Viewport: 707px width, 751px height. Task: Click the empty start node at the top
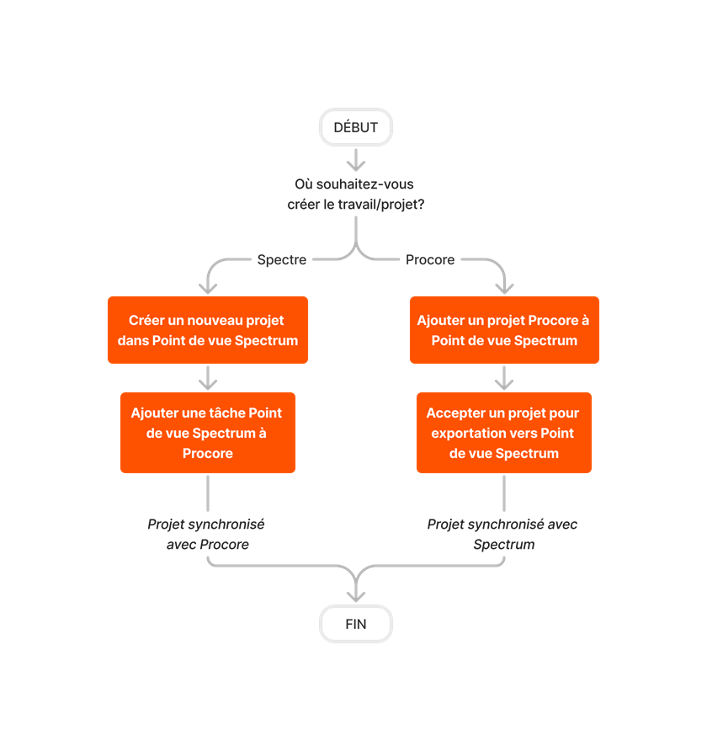click(355, 127)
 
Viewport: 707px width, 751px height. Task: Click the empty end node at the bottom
click(355, 624)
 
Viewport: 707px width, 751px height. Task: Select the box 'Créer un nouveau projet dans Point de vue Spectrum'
click(207, 330)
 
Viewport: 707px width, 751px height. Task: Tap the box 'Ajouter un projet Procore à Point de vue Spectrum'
click(504, 330)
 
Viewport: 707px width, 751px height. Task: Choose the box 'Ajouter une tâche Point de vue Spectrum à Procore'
click(207, 433)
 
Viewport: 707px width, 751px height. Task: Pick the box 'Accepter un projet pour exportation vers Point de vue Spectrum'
click(503, 433)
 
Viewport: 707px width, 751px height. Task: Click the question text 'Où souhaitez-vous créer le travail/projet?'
click(355, 194)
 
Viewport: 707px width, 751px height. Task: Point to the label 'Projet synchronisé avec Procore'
click(206, 534)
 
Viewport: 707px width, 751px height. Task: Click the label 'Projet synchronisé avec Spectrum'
click(503, 534)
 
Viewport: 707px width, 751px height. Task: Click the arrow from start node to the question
click(356, 159)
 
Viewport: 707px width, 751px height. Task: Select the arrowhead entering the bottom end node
click(356, 594)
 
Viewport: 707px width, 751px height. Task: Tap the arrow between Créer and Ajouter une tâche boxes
click(207, 378)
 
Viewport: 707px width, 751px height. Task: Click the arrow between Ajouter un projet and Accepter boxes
click(503, 378)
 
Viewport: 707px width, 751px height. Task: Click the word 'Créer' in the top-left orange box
click(146, 320)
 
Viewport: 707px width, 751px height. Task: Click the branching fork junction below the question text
click(356, 251)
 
